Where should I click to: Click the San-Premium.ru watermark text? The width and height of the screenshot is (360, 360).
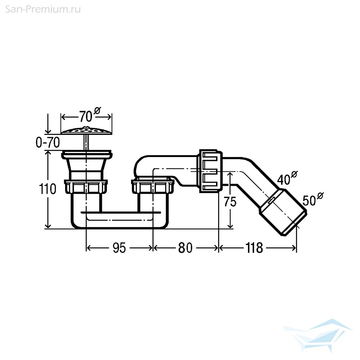43,9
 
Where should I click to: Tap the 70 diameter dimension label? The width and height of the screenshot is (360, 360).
90,115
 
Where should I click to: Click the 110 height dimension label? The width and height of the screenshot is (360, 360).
48,189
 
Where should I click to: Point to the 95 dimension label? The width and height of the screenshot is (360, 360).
120,248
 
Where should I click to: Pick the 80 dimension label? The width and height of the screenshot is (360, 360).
185,248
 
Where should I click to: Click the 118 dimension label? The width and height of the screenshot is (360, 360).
254,248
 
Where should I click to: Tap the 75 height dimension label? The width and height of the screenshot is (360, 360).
230,202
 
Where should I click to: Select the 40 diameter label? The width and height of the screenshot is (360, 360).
287,178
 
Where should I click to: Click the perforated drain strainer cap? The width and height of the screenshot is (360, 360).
86,130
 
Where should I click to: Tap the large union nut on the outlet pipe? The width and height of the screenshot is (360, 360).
210,171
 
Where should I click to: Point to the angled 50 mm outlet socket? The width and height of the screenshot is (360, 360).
283,212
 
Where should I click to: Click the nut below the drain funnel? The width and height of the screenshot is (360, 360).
86,186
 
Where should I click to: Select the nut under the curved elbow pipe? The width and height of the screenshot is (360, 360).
153,185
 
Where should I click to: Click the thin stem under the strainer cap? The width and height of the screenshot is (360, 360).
86,142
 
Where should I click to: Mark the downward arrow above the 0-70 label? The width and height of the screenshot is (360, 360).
48,123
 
